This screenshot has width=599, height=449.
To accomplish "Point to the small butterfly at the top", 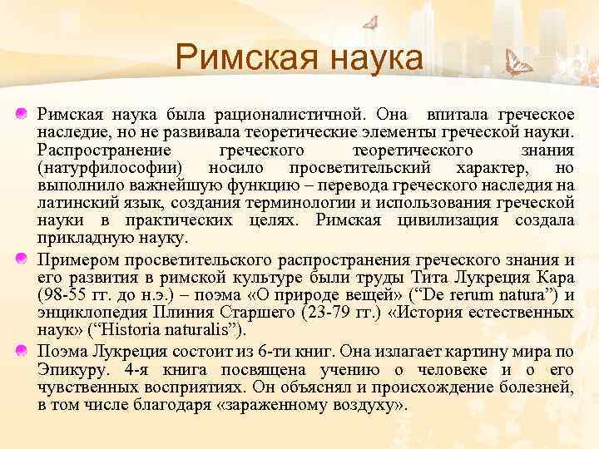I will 371,22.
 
